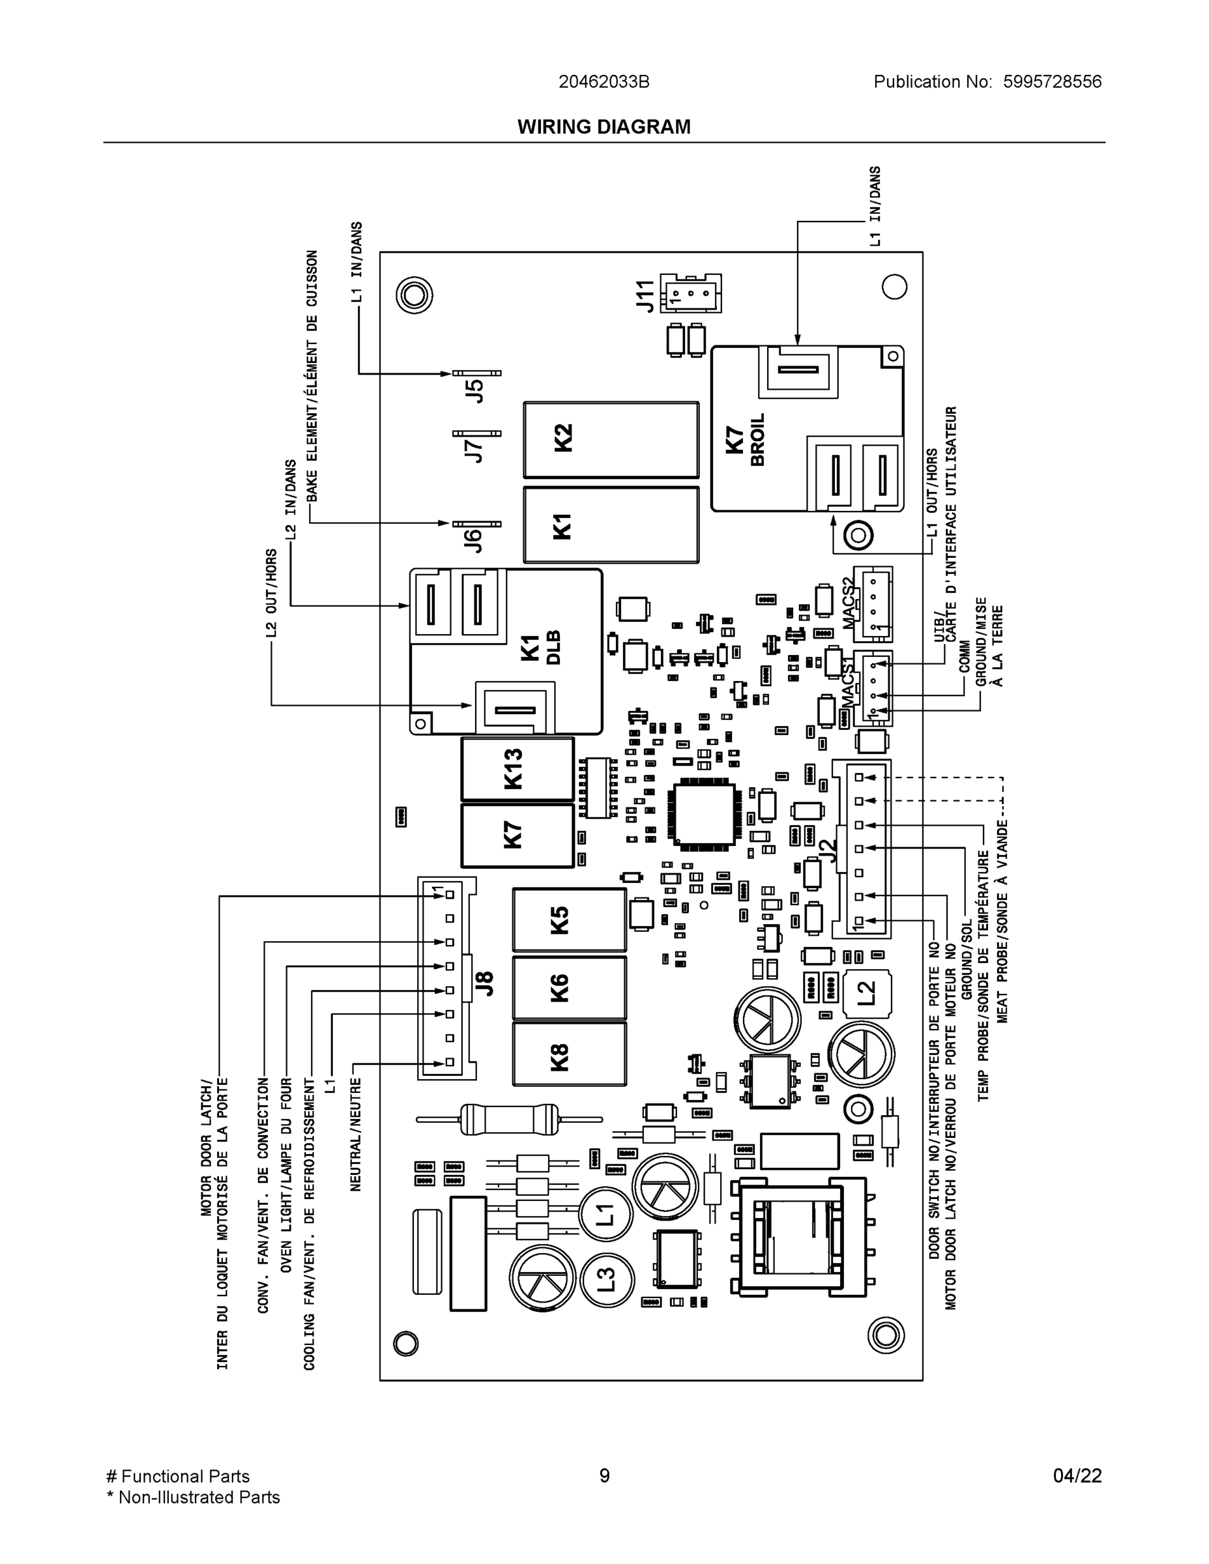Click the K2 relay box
click(x=610, y=439)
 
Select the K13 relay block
click(x=517, y=768)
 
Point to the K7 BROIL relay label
click(x=745, y=439)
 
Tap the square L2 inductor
click(x=867, y=994)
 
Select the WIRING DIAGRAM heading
click(x=604, y=127)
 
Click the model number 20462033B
click(x=604, y=81)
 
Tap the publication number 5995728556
click(x=1051, y=81)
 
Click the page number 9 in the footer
click(x=604, y=1476)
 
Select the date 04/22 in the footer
click(x=1077, y=1476)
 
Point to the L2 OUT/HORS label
click(x=271, y=593)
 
